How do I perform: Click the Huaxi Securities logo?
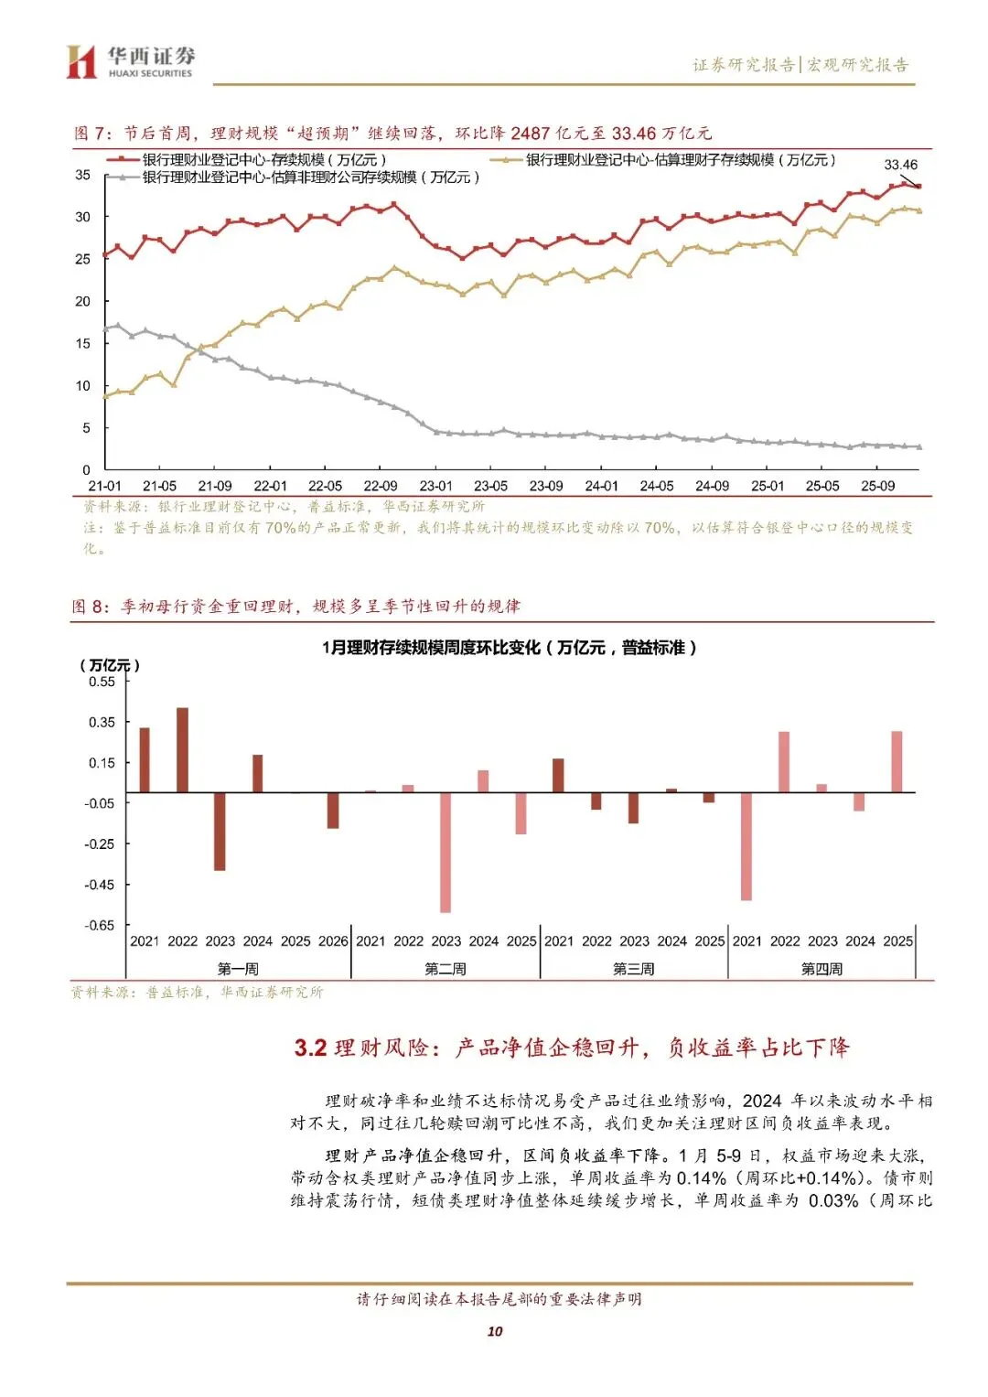[x=130, y=62]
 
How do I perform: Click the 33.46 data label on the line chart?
[x=900, y=165]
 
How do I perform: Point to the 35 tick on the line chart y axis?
[x=83, y=175]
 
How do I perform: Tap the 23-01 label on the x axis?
[x=435, y=486]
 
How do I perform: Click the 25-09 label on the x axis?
[x=877, y=486]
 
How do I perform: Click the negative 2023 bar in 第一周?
[x=220, y=831]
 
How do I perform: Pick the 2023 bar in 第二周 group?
[x=446, y=852]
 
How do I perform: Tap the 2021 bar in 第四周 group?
[x=746, y=846]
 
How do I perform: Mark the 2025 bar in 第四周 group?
[x=897, y=762]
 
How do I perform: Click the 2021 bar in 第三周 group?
[x=558, y=776]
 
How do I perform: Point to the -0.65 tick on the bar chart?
[x=100, y=925]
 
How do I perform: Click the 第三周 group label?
[x=633, y=969]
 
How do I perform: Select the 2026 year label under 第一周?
[x=333, y=940]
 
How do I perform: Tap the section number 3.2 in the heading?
[x=310, y=1048]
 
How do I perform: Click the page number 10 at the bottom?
[x=495, y=1331]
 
